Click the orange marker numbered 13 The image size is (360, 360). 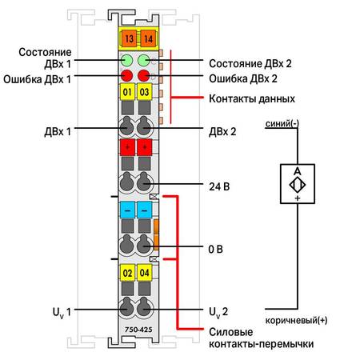click(129, 38)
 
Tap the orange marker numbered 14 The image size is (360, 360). click(148, 38)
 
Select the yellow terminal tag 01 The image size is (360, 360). click(127, 92)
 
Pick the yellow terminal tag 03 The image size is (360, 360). click(145, 92)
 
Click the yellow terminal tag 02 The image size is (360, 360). click(127, 273)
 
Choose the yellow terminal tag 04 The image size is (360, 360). click(145, 273)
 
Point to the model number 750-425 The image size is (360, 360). click(138, 330)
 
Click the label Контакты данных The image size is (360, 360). click(252, 99)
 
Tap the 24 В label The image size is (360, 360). click(219, 186)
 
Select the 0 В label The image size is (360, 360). click(215, 250)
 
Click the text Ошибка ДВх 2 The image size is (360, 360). click(243, 79)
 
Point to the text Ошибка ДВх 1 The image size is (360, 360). click(38, 79)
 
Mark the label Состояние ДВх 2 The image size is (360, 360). click(250, 64)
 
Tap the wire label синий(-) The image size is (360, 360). click(282, 124)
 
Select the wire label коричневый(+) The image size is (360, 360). click(296, 320)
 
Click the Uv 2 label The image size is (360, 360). click(218, 313)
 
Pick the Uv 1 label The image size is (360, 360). click(62, 313)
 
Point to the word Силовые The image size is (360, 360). click(231, 332)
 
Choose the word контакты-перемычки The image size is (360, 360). click(262, 344)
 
